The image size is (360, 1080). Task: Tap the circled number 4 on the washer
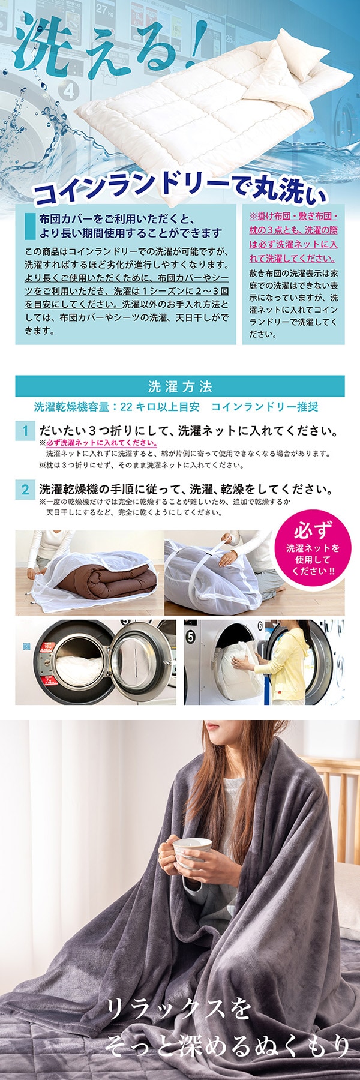click(70, 91)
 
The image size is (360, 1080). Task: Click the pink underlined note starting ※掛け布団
click(293, 236)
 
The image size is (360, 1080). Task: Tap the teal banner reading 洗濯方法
click(180, 386)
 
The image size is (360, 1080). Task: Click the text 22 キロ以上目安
click(160, 407)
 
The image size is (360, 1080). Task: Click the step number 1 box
click(25, 431)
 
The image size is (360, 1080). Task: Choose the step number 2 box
click(25, 489)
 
